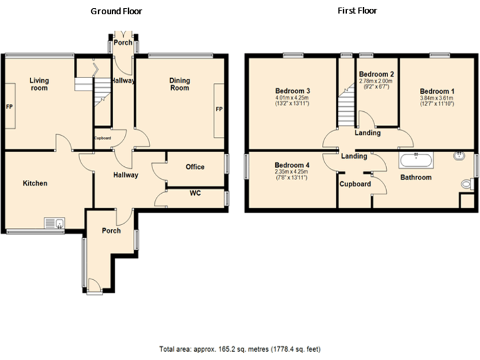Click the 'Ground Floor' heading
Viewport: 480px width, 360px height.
tap(116, 11)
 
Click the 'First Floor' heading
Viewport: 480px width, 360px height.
tap(357, 11)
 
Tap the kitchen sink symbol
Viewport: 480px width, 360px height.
tap(54, 222)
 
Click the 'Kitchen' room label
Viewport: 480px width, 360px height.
tap(35, 183)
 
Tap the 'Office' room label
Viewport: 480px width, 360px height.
tap(195, 167)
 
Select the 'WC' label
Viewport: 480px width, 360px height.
tap(195, 193)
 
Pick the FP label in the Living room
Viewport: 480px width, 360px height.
tap(9, 107)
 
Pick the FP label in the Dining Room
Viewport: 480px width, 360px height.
tap(219, 109)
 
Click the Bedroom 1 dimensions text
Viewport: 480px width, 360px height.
tap(437, 101)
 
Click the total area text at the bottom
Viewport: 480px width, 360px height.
tap(240, 348)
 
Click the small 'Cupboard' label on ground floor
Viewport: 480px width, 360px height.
tap(102, 138)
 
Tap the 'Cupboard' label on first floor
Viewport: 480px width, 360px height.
tap(354, 184)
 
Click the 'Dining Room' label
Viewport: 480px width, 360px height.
tap(179, 84)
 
